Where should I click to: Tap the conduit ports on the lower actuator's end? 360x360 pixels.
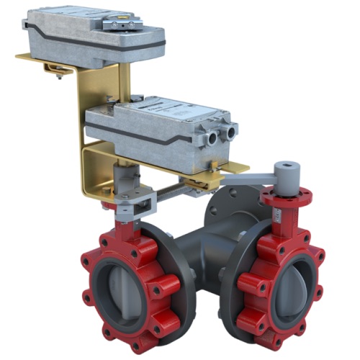point(220,133)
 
